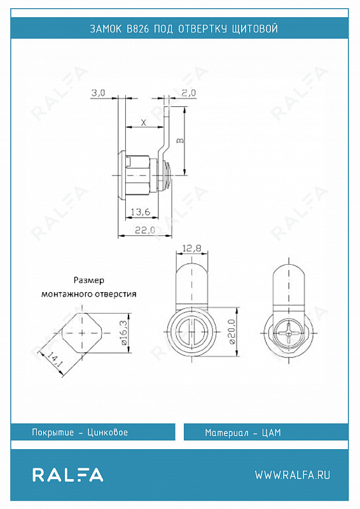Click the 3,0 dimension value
click(98, 93)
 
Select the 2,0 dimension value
click(189, 93)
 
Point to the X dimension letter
click(144, 122)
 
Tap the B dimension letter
click(180, 141)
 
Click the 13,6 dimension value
click(140, 213)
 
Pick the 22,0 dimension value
click(145, 230)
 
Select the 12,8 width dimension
click(191, 248)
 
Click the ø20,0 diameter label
click(232, 331)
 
